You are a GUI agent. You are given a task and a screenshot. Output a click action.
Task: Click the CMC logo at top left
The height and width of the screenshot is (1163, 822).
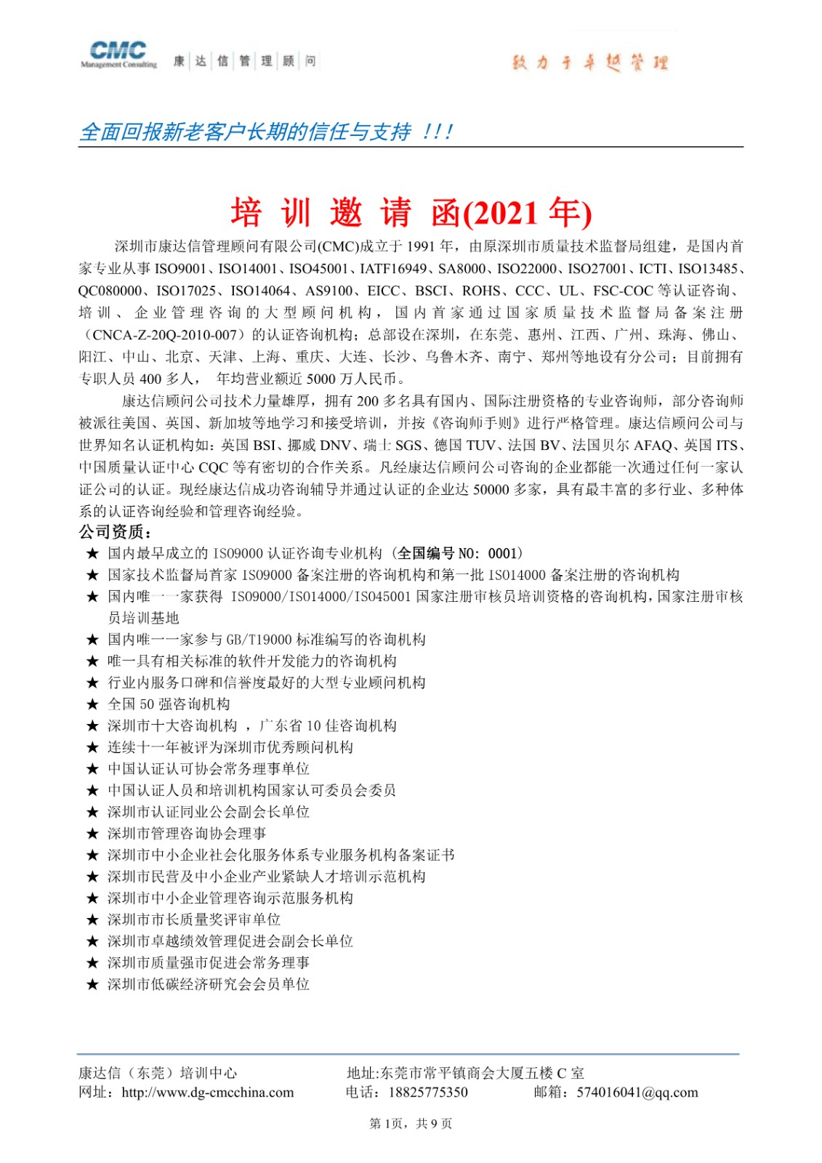point(118,54)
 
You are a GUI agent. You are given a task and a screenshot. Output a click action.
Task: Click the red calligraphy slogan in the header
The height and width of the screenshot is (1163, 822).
point(589,63)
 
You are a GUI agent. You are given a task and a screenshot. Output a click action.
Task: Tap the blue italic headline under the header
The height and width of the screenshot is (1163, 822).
point(266,132)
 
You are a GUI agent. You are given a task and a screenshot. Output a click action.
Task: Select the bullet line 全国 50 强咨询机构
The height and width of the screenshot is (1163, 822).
point(169,704)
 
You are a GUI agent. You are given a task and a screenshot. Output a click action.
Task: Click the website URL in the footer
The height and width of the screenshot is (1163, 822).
point(208,1092)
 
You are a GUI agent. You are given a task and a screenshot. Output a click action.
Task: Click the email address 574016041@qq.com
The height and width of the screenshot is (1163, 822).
point(637,1092)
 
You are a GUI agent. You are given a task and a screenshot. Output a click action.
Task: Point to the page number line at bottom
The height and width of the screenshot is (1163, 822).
point(411,1124)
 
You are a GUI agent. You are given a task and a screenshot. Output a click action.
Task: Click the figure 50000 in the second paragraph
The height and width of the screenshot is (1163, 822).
point(491,489)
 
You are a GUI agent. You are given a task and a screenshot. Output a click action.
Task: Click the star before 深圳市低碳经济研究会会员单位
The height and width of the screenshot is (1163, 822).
point(92,985)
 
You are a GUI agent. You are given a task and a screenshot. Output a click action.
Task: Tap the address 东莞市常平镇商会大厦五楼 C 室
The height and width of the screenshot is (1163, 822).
point(482,1073)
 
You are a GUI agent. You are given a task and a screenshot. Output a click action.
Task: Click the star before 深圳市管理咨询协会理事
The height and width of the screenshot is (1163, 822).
point(92,834)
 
